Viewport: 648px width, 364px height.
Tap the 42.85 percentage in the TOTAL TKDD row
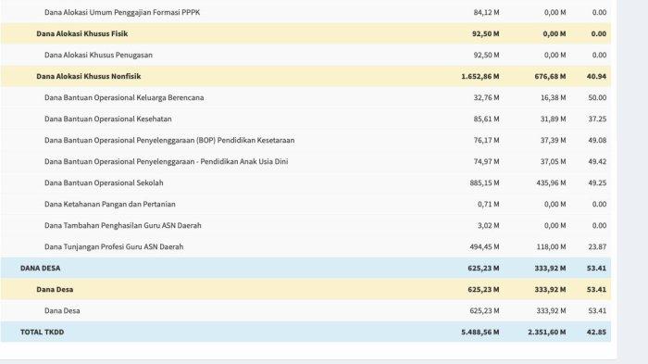[x=595, y=331]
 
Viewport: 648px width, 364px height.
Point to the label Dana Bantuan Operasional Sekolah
[x=109, y=182]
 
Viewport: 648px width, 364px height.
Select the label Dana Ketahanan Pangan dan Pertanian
[x=110, y=204]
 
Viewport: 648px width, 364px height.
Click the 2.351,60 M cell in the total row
[x=543, y=331]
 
